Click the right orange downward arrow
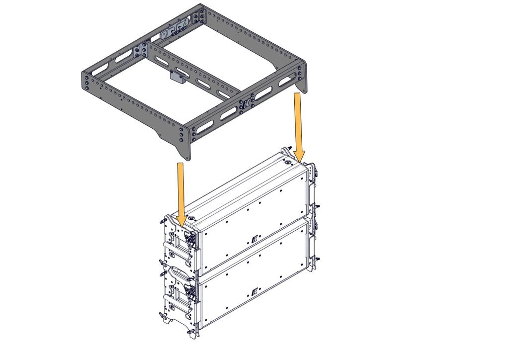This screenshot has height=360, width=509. coord(298,122)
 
